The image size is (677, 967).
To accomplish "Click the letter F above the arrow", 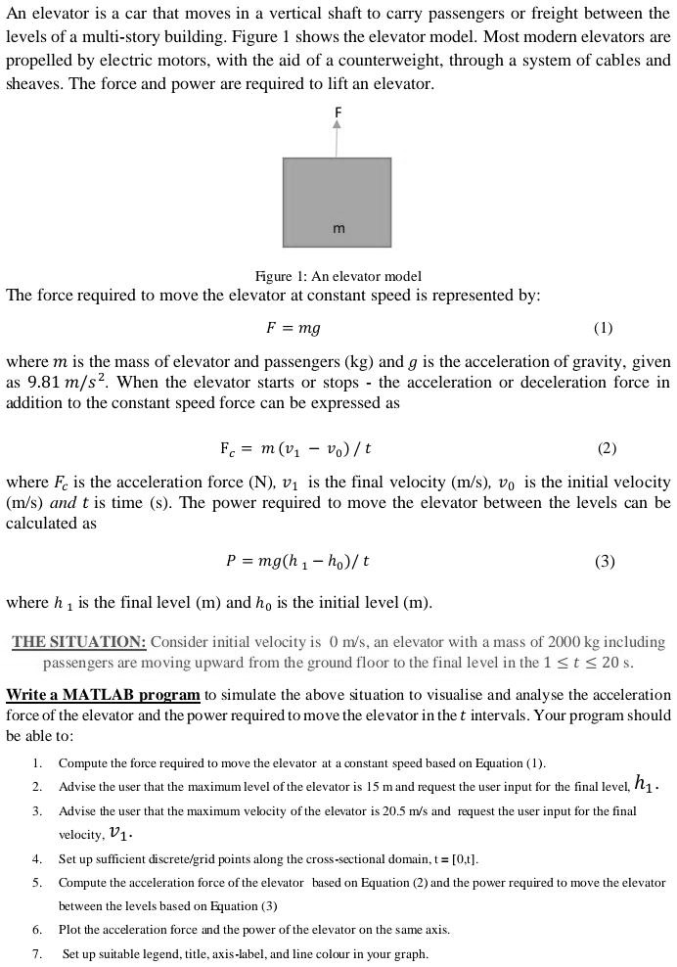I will (338, 113).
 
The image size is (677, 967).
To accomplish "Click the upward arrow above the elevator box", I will (337, 138).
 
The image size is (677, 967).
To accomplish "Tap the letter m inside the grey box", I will (338, 228).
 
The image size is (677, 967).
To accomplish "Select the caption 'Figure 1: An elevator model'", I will (338, 276).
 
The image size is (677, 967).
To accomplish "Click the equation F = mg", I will (293, 328).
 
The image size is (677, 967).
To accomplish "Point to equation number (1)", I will (603, 328).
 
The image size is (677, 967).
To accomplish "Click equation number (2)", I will (607, 448).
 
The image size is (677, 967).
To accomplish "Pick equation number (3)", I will (605, 562).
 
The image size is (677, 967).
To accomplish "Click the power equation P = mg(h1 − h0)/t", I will (297, 562).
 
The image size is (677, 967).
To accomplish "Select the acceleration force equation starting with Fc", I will (295, 448).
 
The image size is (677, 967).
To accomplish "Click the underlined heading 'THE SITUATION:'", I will (79, 642).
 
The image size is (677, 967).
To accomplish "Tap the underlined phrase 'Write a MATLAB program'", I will (103, 695).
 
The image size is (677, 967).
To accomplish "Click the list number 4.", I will (37, 858).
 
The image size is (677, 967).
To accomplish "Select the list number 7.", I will (37, 953).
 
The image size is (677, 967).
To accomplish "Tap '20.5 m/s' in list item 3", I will (399, 810).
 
